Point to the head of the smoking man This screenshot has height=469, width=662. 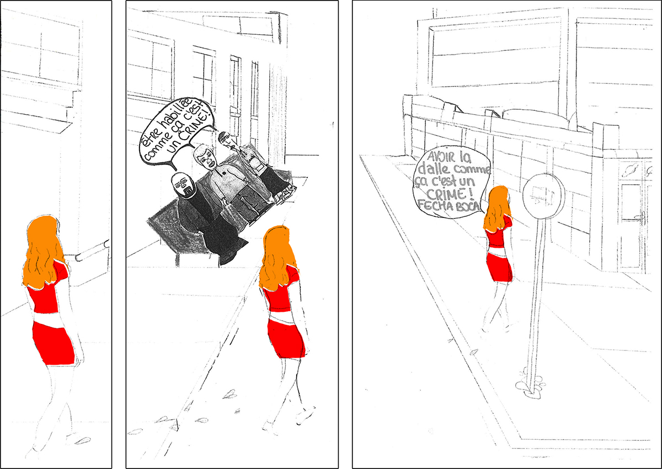coord(225,138)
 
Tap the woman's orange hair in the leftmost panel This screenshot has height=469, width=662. coord(44,251)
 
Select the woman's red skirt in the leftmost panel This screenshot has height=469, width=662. coord(53,343)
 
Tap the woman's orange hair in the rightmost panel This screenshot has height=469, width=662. coord(496,209)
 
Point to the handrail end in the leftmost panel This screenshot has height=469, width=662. coord(78,258)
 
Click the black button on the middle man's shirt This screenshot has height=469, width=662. coord(224,173)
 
